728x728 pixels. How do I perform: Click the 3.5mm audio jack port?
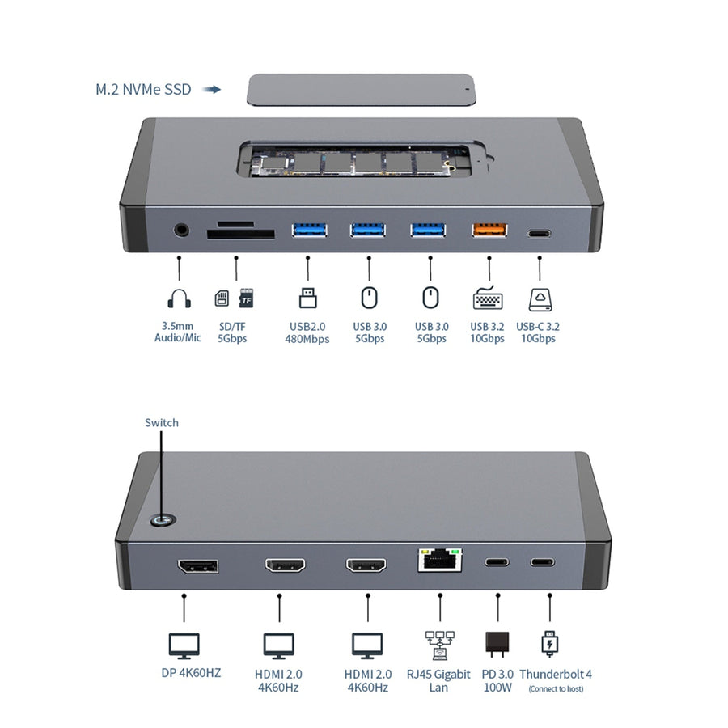point(182,230)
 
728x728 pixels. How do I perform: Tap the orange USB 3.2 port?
point(489,230)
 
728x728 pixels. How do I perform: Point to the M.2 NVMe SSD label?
point(143,90)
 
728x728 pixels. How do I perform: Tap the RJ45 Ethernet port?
point(439,560)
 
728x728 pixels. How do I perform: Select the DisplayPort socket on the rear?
point(197,565)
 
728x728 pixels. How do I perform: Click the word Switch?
point(162,422)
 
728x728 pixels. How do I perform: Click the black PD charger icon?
point(496,643)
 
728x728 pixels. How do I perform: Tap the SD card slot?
point(240,235)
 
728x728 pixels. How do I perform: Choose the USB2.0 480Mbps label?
point(308,332)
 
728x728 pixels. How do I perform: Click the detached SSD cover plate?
point(361,90)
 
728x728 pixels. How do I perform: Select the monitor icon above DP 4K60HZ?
point(184,645)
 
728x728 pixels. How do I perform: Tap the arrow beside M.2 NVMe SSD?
point(212,90)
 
